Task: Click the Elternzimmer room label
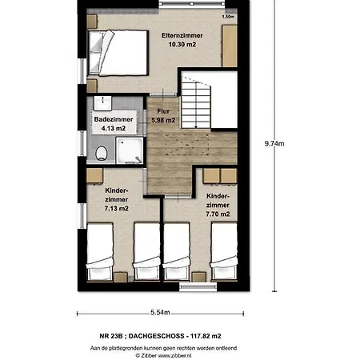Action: [182, 35]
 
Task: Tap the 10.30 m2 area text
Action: [182, 44]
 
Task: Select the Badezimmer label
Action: [114, 119]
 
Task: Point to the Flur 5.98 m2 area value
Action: [163, 120]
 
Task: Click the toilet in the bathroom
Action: [102, 154]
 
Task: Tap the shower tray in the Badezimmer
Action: [130, 150]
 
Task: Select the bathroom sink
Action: [102, 103]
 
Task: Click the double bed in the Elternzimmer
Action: [118, 53]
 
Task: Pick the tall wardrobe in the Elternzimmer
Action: [230, 46]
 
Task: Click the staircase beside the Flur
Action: [196, 102]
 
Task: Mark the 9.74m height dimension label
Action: [274, 144]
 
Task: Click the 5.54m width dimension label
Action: [160, 312]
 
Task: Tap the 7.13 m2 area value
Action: [117, 209]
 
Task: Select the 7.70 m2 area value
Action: [218, 214]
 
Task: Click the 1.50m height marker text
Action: [228, 17]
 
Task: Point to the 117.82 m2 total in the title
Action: [206, 336]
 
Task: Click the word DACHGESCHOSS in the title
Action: [156, 336]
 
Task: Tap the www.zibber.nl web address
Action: [174, 355]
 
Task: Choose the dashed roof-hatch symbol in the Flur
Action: [186, 144]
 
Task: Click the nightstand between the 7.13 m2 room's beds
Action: [121, 278]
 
